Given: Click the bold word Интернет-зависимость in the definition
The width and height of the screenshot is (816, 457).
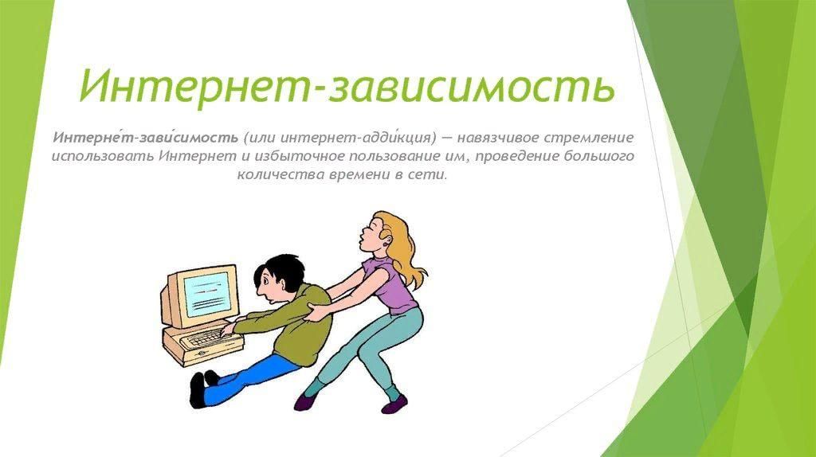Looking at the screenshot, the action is (x=145, y=138).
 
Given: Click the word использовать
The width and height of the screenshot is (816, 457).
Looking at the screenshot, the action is (x=103, y=156).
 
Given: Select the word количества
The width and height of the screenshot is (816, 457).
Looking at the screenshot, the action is (x=280, y=174).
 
